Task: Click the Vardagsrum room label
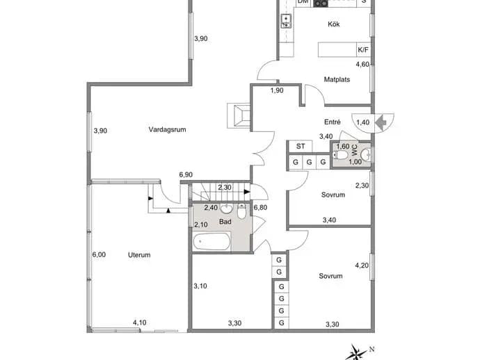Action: click(167, 129)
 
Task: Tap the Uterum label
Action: click(139, 255)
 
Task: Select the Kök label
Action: click(334, 24)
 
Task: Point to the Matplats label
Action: click(337, 79)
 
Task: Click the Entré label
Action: click(332, 122)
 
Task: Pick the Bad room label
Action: click(225, 222)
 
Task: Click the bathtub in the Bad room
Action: click(212, 242)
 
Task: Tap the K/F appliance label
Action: click(363, 50)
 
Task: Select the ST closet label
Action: click(301, 147)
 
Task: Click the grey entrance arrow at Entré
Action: click(381, 122)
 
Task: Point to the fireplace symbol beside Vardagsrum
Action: click(239, 115)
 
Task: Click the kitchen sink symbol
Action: click(286, 21)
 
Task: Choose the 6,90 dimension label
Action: click(186, 174)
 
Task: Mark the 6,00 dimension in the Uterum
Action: click(99, 254)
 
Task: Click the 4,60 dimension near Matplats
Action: click(362, 64)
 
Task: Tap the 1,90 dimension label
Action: click(277, 90)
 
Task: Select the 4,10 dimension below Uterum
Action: click(139, 322)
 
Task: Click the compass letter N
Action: click(372, 350)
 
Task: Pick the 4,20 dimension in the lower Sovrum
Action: click(362, 265)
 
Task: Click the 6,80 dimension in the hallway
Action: click(260, 207)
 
